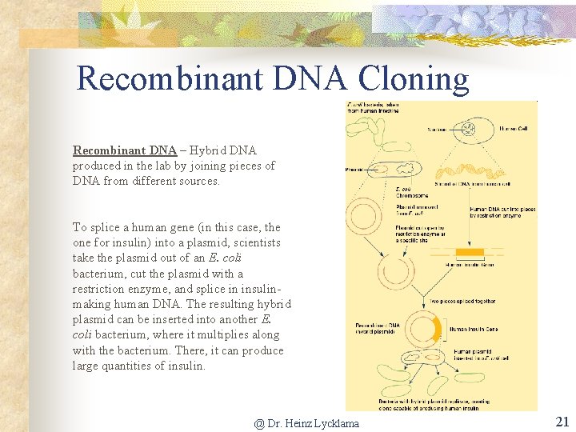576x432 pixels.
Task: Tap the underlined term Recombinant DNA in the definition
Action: pos(124,150)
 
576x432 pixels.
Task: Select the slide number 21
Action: pos(562,422)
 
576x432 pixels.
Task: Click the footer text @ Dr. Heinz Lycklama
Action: pos(306,423)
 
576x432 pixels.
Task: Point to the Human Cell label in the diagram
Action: pos(513,128)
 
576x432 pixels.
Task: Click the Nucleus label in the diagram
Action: pos(437,129)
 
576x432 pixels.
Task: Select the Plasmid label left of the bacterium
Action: pos(355,170)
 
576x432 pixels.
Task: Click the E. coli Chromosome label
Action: pos(412,192)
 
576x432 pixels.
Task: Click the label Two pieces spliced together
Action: pos(462,302)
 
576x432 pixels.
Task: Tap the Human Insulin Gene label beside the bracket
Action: pos(472,329)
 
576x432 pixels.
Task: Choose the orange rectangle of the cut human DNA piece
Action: pos(470,253)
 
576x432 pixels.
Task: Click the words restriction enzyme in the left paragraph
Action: pos(108,289)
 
